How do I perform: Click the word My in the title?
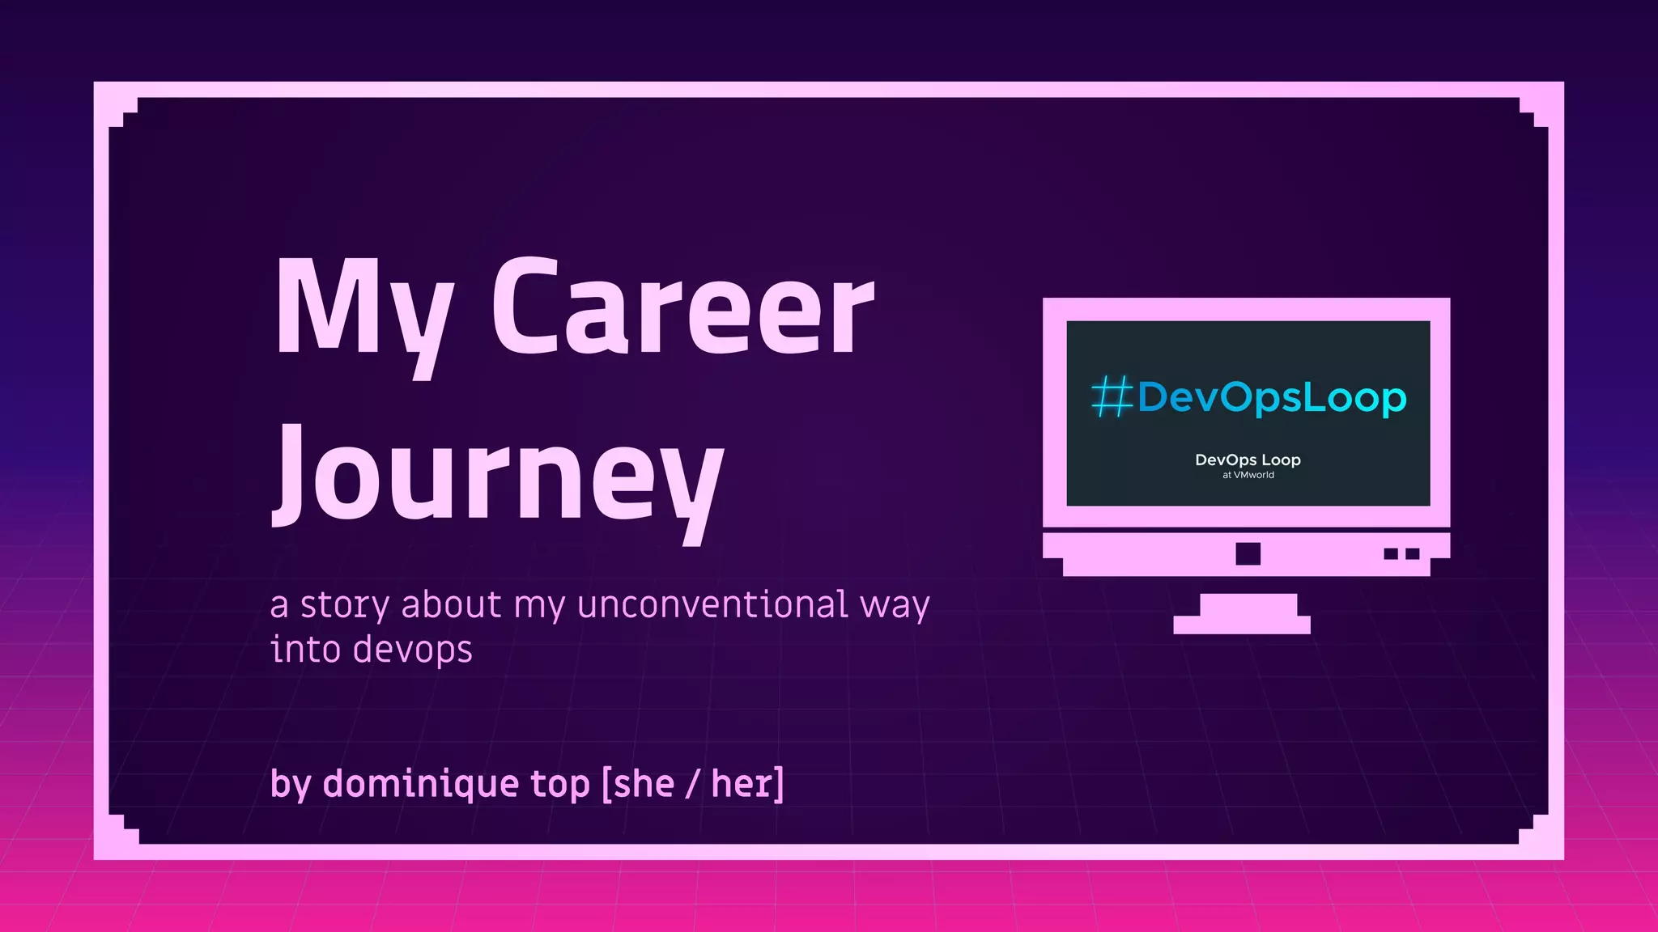[362, 311]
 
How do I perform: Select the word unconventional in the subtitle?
[712, 604]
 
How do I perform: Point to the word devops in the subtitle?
[412, 650]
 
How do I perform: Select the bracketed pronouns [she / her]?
[693, 783]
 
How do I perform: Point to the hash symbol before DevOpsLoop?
[1111, 397]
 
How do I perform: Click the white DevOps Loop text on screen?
[1248, 460]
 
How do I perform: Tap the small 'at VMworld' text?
[1248, 475]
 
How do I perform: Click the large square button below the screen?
[1248, 553]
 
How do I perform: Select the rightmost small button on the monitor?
[1412, 553]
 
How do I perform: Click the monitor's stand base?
[1241, 624]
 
